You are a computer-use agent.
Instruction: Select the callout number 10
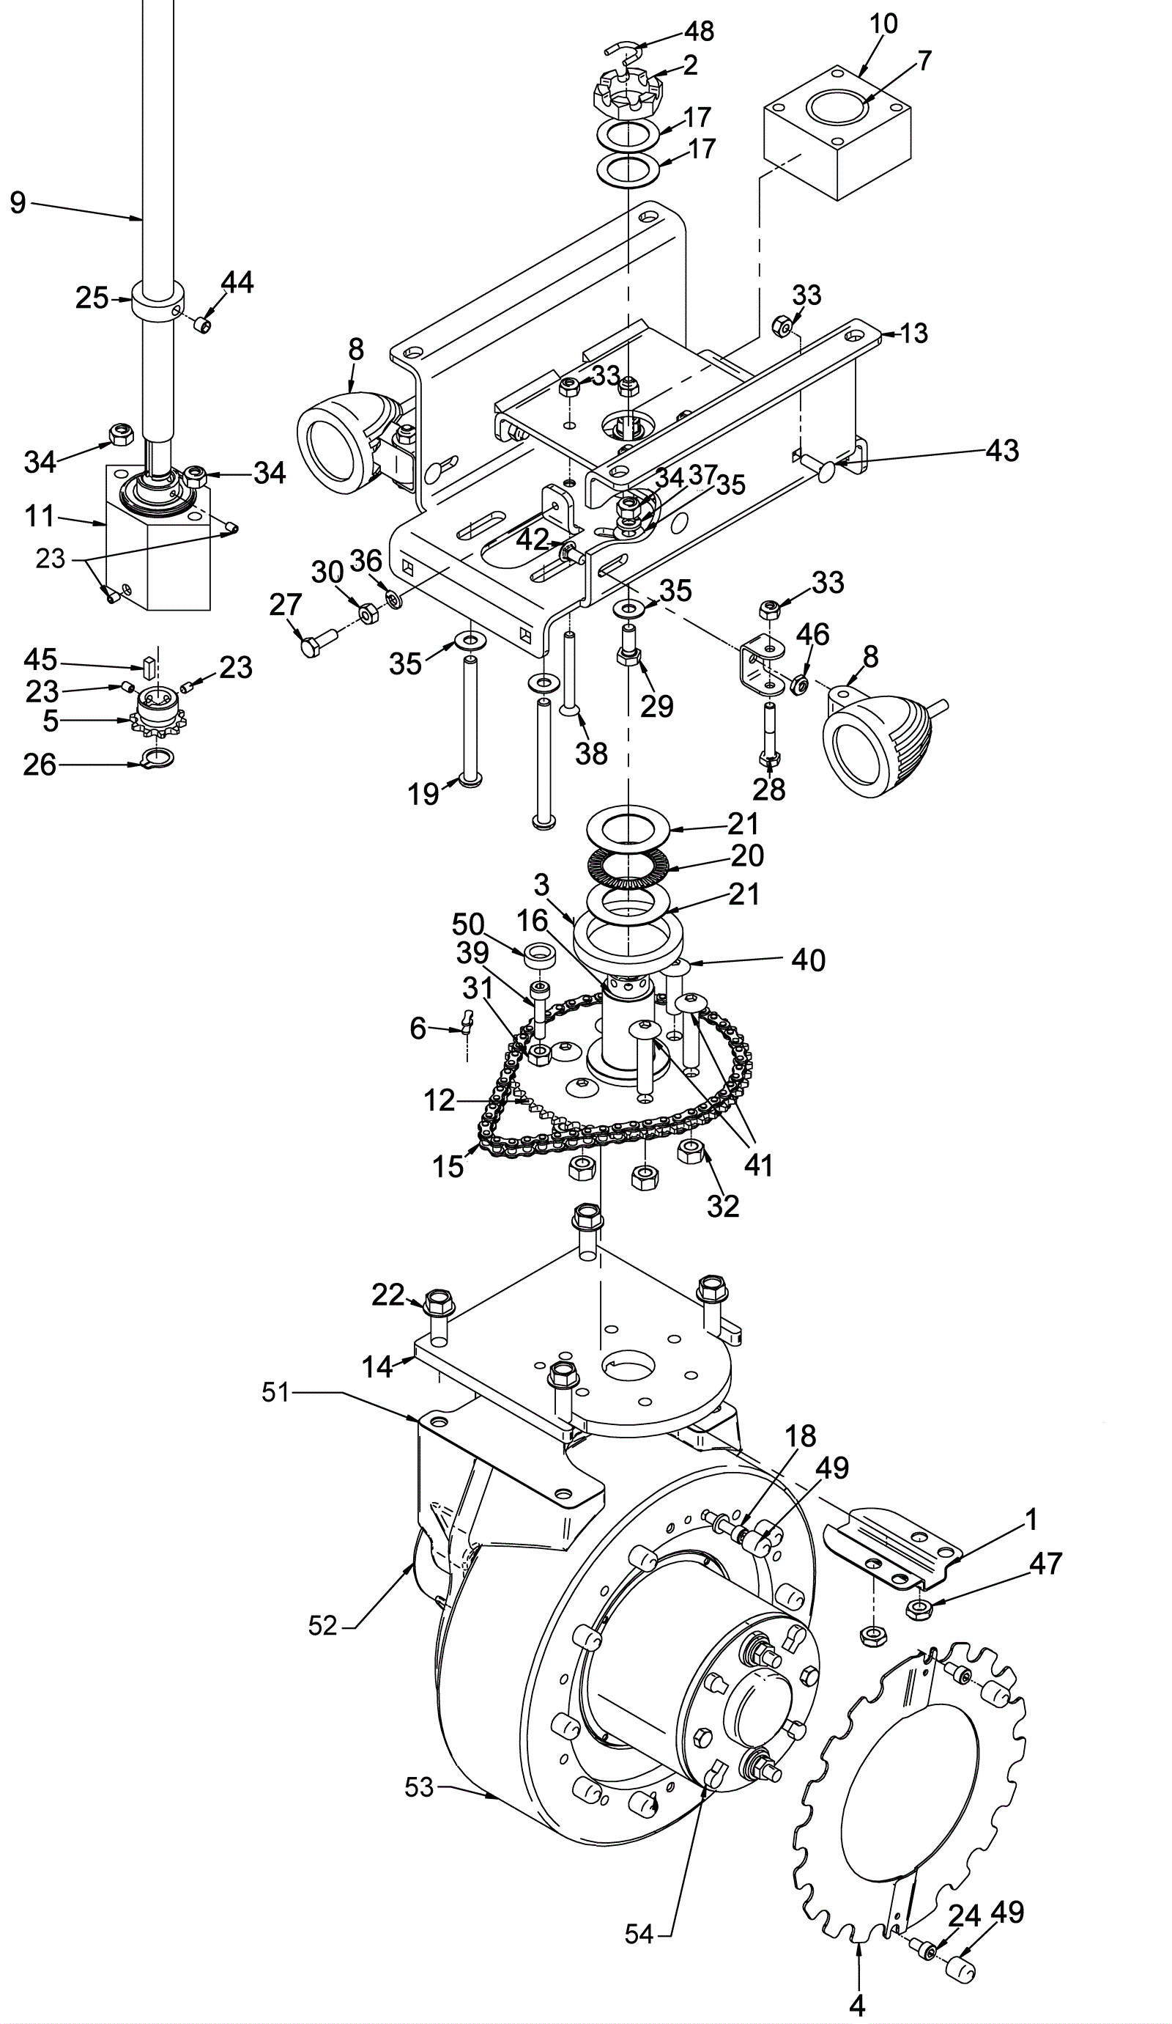(x=882, y=23)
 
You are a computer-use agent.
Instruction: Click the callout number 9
(x=18, y=202)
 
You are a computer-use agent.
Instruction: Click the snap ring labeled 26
(x=158, y=757)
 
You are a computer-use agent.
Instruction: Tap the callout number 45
(x=40, y=660)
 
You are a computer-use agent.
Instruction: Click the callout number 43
(x=1003, y=451)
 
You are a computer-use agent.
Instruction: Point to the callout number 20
(x=746, y=856)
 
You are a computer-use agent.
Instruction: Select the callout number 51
(x=275, y=1392)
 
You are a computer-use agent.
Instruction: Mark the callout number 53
(x=420, y=1788)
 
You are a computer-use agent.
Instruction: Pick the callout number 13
(x=913, y=334)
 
